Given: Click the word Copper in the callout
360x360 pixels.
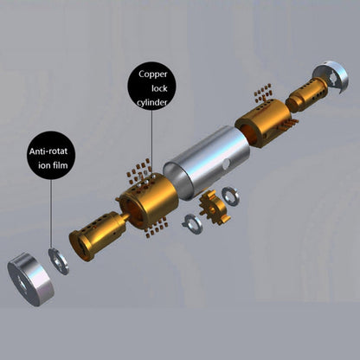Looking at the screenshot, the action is (153, 74).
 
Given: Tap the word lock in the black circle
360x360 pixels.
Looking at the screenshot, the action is (159, 88).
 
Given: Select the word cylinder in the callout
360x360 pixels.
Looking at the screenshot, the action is (152, 103).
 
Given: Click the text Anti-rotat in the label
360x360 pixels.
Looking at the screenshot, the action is (48, 151).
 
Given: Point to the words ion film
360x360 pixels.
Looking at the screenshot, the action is (53, 165).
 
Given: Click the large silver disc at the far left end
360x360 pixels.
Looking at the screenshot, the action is (30, 279).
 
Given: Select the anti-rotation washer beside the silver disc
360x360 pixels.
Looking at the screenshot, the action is (59, 261).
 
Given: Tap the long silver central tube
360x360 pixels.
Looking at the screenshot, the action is (207, 163).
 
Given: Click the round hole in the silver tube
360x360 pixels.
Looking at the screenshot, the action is (227, 164).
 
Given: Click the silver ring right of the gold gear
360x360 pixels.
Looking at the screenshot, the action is (230, 196).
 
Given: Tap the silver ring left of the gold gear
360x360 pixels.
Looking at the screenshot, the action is (192, 224).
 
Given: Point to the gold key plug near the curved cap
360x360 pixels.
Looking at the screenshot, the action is (306, 94).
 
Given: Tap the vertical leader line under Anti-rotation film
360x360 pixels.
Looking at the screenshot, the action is (52, 214).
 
